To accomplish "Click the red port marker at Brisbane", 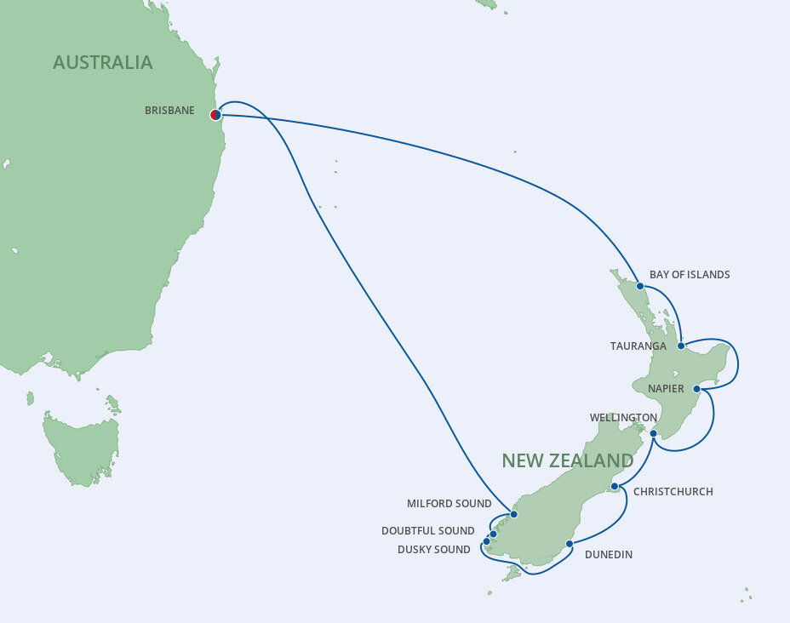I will pos(215,114).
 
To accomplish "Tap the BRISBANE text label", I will pos(169,111).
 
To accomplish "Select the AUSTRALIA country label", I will pos(102,62).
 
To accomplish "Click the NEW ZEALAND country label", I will pos(567,461).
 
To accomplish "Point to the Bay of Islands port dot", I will pos(639,286).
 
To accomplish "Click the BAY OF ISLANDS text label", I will pos(690,275).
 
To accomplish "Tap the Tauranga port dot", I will pos(681,346).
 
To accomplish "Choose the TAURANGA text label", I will pos(638,346).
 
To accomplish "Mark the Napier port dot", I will pos(696,389).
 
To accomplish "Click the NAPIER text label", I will pos(666,389).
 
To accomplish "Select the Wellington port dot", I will pos(653,434).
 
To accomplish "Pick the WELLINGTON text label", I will pos(623,418).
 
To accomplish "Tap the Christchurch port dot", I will pos(614,487).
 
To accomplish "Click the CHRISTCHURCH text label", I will pos(673,492).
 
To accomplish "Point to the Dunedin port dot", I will pos(568,543).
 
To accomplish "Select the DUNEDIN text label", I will pos(609,555).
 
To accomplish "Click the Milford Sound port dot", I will pos(513,514).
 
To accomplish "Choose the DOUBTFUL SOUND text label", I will pos(427,531).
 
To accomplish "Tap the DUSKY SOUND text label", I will pos(433,550).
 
